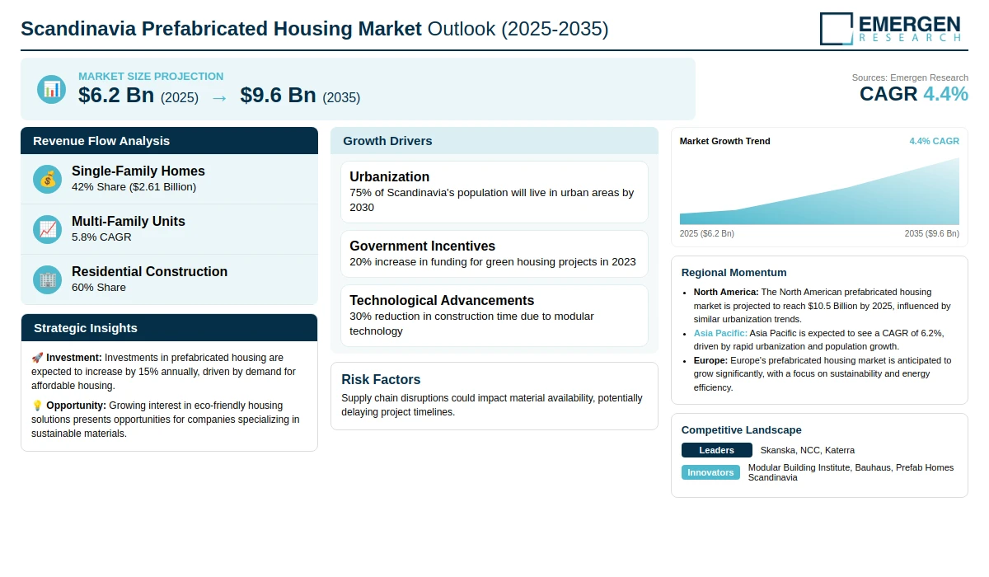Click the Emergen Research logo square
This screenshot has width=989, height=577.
point(837,29)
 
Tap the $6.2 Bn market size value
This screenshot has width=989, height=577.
point(116,95)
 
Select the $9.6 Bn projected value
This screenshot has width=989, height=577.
point(279,95)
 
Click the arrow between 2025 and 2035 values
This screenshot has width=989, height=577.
point(219,98)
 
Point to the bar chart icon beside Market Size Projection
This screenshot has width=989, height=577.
point(52,89)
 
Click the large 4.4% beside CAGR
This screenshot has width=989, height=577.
point(945,94)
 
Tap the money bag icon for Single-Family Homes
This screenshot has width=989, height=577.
point(47,179)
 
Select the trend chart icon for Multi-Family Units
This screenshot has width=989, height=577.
point(47,230)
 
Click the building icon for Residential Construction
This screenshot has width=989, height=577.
point(47,280)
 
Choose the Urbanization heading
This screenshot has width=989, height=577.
point(389,176)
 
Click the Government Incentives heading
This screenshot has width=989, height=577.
point(423,246)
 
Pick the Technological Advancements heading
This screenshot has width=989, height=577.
point(442,300)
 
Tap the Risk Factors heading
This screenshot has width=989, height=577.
point(381,379)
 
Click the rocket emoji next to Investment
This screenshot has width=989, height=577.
point(37,358)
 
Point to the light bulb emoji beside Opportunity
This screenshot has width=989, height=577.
point(37,406)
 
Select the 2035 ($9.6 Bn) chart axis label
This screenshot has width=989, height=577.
point(931,233)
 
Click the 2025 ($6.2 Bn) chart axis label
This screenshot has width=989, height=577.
point(707,233)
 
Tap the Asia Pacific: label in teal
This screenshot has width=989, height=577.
point(720,333)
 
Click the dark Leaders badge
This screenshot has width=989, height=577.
point(716,450)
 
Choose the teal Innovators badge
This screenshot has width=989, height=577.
point(710,472)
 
